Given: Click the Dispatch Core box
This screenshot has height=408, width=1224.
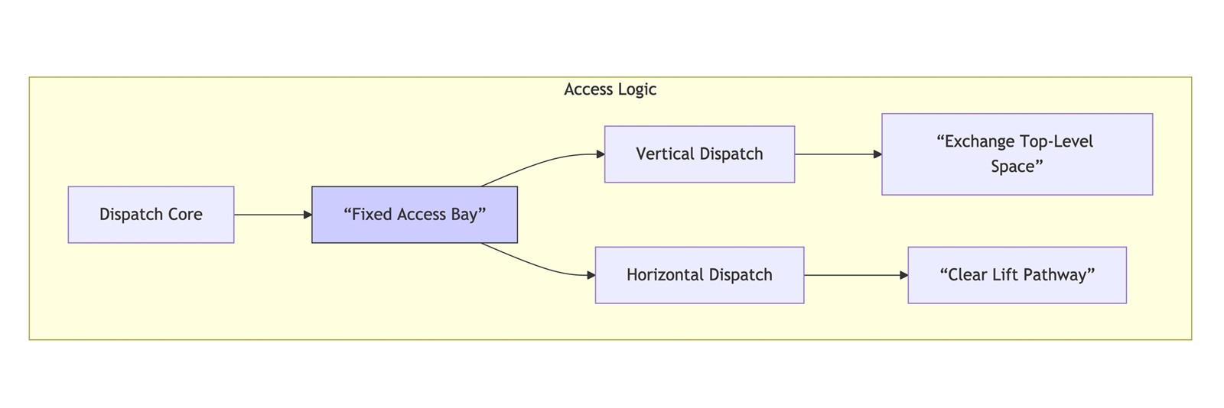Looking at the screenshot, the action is pos(151,215).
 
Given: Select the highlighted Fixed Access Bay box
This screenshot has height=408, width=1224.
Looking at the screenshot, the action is pos(414,215).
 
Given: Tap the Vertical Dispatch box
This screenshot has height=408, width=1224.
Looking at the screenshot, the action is pos(699,154).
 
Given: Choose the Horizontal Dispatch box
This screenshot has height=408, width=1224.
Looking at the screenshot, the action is pos(699,275).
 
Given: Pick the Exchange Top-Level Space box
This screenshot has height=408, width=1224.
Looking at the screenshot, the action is pos(1017,154).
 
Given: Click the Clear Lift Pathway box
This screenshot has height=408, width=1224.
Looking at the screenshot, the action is pos(1017,275).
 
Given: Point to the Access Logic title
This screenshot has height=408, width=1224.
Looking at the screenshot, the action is pos(610,89).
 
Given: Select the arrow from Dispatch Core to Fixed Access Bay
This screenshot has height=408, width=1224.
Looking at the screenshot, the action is pos(272,215).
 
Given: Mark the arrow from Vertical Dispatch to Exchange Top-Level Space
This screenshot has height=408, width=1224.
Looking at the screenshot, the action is pos(838,154).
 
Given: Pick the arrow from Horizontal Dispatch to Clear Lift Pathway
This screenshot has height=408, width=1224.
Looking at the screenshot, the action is pos(856,276).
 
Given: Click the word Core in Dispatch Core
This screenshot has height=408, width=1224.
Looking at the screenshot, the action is pos(184,215).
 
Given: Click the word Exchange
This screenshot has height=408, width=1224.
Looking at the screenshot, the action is pos(978,142).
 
